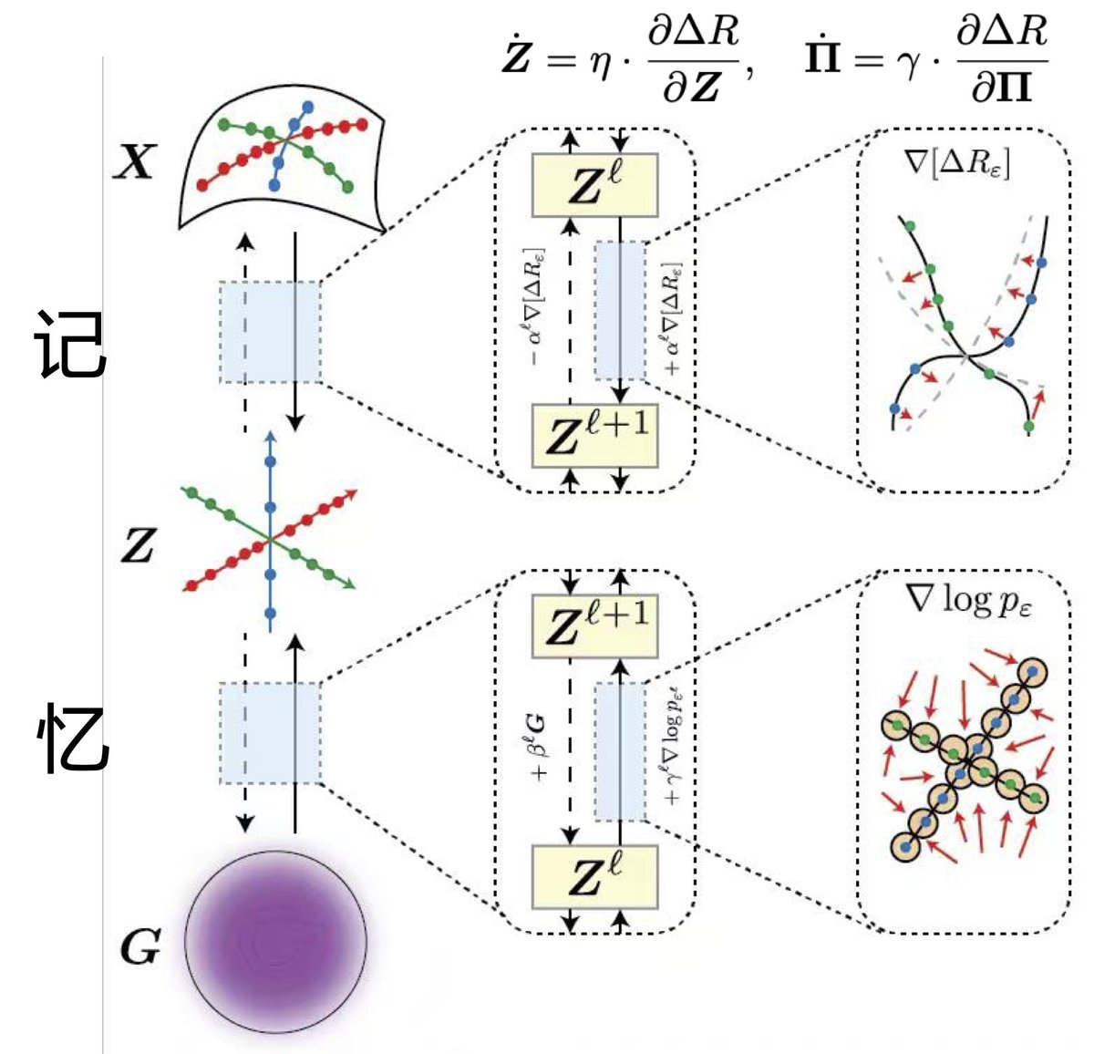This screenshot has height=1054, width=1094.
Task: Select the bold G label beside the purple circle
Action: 140,948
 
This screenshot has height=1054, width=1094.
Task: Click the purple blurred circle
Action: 275,942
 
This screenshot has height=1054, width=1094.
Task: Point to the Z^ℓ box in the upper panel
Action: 594,186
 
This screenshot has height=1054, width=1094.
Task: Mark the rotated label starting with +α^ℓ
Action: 673,319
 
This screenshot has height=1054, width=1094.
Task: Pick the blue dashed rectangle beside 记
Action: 270,332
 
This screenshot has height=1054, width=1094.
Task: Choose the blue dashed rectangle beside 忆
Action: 270,733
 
